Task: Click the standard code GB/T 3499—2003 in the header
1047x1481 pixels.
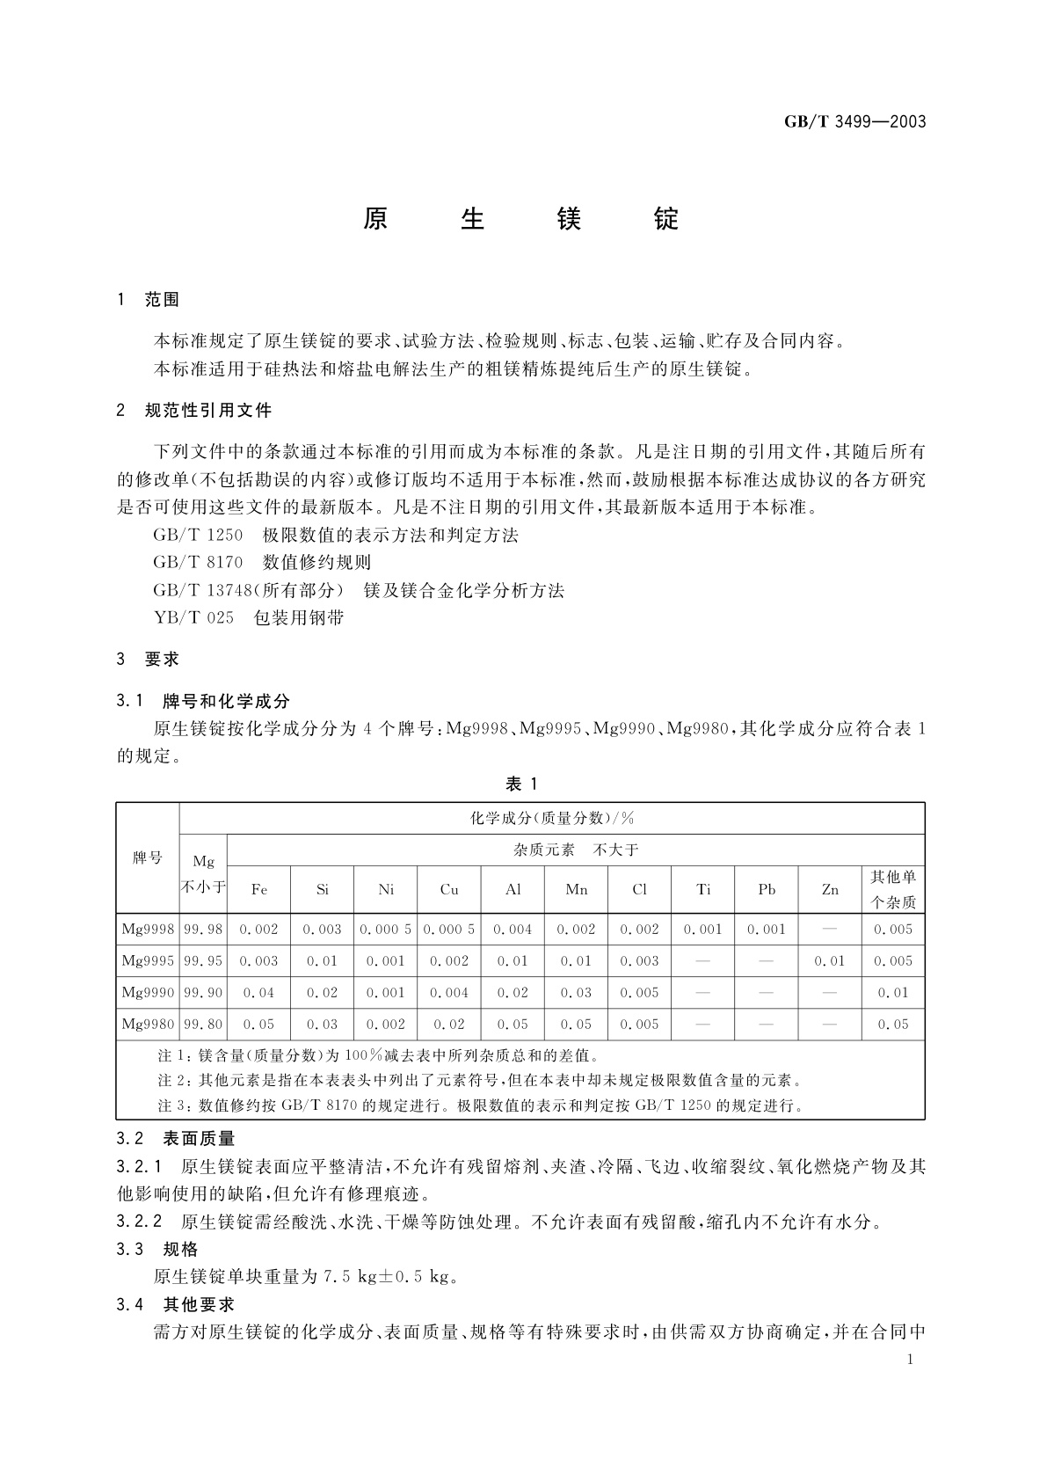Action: (x=854, y=122)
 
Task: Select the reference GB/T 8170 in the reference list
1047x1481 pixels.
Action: (x=198, y=562)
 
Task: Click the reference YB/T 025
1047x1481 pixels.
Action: (x=193, y=617)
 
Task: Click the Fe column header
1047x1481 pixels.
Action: (x=259, y=889)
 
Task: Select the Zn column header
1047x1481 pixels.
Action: (x=830, y=889)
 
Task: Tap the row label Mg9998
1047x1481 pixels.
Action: (x=148, y=929)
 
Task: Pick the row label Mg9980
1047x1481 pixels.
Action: (x=148, y=1024)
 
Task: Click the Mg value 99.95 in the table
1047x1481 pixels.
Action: (x=203, y=960)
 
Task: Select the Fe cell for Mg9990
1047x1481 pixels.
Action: (x=259, y=992)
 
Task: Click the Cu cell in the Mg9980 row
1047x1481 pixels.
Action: (x=449, y=1024)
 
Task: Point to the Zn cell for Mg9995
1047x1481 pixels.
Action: (x=830, y=960)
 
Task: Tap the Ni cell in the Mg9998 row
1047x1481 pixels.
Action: (x=386, y=929)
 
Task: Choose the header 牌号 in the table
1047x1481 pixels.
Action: (x=148, y=857)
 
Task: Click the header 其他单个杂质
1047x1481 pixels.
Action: (x=893, y=889)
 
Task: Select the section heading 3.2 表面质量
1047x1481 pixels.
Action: (x=176, y=1139)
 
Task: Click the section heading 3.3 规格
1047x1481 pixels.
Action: (x=157, y=1249)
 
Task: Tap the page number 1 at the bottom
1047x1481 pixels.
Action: (x=910, y=1360)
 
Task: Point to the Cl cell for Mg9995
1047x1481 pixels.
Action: (x=639, y=960)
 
